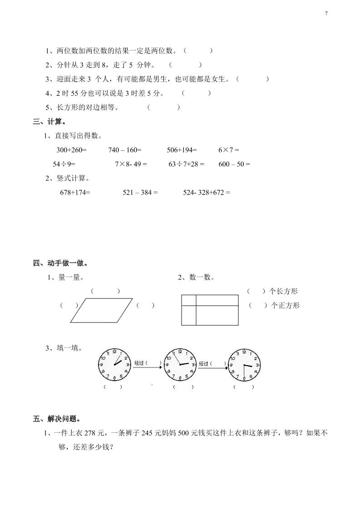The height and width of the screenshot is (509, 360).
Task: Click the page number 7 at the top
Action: pyautogui.click(x=326, y=14)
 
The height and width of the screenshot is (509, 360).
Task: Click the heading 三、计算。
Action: pyautogui.click(x=50, y=122)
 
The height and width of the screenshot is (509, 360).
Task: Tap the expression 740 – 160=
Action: pyautogui.click(x=125, y=150)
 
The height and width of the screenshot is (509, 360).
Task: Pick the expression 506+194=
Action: pyautogui.click(x=182, y=150)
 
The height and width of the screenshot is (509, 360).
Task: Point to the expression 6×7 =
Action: pyautogui.click(x=228, y=150)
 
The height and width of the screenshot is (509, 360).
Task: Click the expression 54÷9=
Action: pyautogui.click(x=64, y=164)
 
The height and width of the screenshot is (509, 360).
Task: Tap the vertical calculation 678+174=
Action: pyautogui.click(x=75, y=192)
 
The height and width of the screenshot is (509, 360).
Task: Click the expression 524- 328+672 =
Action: pyautogui.click(x=207, y=192)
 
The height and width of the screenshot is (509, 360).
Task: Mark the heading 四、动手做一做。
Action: pyautogui.click(x=60, y=263)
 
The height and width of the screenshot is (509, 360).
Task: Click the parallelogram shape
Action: pyautogui.click(x=101, y=310)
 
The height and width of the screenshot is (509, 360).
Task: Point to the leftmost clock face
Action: pyautogui.click(x=113, y=365)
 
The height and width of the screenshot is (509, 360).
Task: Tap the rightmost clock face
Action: pyautogui.click(x=244, y=365)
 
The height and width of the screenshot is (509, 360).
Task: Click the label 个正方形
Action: pyautogui.click(x=285, y=306)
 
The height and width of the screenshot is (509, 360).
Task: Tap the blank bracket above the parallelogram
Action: pyautogui.click(x=105, y=291)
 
